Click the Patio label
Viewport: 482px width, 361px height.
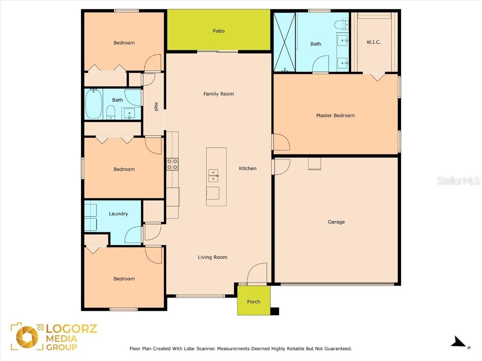click(218, 31)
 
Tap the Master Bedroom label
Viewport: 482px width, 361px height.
click(335, 115)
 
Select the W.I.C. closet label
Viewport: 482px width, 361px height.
click(373, 42)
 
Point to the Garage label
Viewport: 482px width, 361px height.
click(336, 222)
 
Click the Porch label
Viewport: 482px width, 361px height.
click(253, 302)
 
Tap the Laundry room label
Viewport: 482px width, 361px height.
click(118, 214)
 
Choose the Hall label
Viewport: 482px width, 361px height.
click(156, 107)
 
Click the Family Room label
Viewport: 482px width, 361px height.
click(218, 94)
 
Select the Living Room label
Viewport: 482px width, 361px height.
click(212, 257)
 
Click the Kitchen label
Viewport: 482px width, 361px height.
click(248, 168)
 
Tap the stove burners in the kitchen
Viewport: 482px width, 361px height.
click(172, 164)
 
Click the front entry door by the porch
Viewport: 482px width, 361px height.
click(257, 275)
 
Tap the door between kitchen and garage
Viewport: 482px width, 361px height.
click(281, 166)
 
